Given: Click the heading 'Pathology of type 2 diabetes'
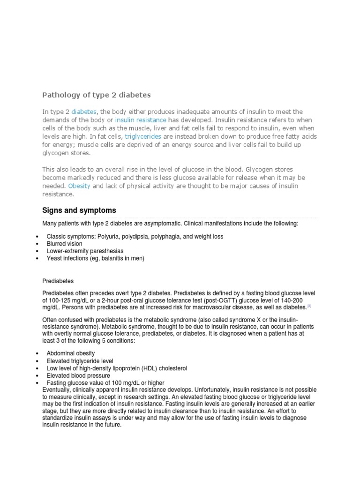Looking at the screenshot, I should (97, 95).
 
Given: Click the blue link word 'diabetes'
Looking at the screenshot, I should (84, 112).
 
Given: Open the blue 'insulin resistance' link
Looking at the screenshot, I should (141, 120).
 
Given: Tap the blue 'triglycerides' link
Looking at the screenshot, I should (143, 136).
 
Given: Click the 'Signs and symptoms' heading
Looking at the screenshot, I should (79, 210).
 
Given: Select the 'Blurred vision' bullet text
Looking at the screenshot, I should (64, 244).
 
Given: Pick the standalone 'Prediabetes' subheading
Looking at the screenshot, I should (58, 281).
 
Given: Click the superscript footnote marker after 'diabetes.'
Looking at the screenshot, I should (309, 306).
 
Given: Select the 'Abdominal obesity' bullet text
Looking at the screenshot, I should (71, 353).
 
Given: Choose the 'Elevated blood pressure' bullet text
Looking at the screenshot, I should (79, 376).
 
